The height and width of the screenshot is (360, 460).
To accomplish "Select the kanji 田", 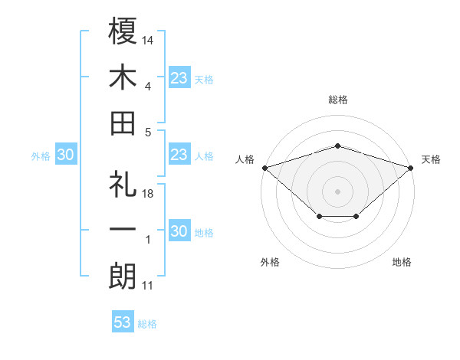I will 123,123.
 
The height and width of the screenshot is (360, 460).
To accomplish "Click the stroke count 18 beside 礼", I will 149,194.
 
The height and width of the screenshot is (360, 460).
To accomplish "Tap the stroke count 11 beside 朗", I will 148,286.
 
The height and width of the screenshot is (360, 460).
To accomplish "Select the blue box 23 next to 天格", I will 179,78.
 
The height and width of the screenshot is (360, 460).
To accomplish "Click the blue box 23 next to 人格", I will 179,155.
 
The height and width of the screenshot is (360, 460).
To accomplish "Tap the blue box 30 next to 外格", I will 66,155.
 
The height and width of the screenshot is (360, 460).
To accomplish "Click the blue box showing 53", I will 123,322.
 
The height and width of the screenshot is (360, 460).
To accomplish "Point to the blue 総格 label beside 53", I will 147,324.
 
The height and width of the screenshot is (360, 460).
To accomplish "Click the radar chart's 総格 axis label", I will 337,100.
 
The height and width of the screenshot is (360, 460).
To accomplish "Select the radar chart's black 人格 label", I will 245,159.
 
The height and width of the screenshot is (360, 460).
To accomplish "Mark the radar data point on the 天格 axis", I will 412,167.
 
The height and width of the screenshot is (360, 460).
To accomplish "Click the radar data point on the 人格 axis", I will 264,167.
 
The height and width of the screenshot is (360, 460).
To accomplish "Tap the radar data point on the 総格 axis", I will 337,146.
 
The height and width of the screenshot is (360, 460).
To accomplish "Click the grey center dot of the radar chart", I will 337,191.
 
